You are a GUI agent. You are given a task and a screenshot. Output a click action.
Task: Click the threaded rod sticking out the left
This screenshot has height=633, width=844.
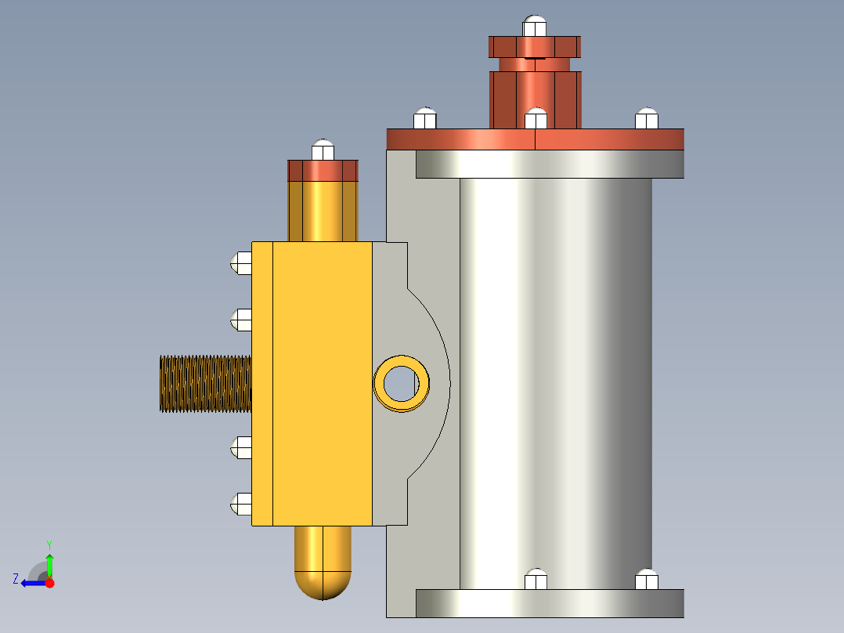205,384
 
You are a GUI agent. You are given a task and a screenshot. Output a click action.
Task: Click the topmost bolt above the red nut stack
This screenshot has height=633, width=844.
535,26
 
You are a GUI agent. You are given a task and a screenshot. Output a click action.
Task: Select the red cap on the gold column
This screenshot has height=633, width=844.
323,171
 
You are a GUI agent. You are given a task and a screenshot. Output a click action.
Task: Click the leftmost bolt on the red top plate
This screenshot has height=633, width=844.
424,118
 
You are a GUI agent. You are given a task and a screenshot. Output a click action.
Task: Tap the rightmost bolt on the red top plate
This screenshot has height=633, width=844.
647,118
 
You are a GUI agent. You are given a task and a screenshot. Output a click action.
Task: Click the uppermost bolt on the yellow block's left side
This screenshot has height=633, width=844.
241,262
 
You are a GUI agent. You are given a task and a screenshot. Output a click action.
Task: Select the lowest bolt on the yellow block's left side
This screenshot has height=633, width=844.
241,504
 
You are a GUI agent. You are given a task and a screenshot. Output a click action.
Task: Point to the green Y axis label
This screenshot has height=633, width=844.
49,544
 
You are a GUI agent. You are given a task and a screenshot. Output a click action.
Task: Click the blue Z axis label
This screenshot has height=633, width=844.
16,579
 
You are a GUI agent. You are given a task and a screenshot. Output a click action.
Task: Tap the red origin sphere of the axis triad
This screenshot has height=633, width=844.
49,583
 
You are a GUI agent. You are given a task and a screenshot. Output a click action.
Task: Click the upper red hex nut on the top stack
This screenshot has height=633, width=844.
535,47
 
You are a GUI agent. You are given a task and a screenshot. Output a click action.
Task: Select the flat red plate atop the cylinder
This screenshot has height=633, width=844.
536,139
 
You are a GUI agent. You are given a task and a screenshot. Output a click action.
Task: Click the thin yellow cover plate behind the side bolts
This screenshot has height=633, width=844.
262,384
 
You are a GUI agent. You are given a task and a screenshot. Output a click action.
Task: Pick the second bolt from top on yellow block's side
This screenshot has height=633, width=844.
241,319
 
